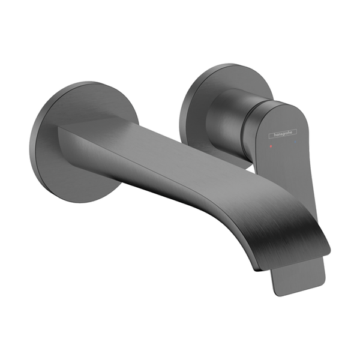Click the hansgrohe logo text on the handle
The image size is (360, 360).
pyautogui.click(x=283, y=134)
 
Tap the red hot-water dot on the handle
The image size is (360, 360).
pyautogui.click(x=271, y=146)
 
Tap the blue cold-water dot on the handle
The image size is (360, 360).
pyautogui.click(x=295, y=142)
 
